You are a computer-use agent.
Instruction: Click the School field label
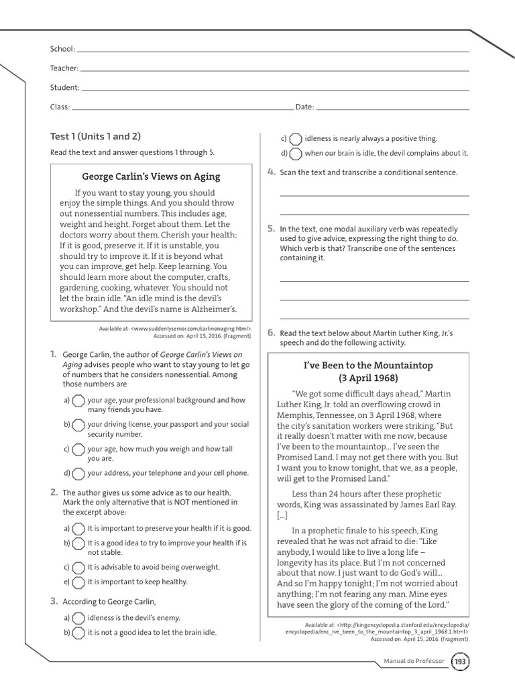[x=62, y=49]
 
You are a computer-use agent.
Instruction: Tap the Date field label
[x=304, y=107]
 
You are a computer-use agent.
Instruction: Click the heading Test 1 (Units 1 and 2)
[x=95, y=136]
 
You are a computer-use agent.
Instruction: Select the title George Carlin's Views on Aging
[x=151, y=177]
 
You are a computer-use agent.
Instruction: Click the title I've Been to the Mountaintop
[x=367, y=365]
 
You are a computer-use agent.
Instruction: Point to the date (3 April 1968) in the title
[x=367, y=378]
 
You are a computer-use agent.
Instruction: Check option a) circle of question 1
[x=78, y=401]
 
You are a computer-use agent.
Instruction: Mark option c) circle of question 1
[x=78, y=450]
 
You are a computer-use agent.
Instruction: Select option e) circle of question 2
[x=78, y=582]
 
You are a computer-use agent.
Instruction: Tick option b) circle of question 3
[x=78, y=633]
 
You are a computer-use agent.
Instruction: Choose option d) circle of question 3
[x=296, y=154]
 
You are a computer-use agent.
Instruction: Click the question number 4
[x=271, y=172]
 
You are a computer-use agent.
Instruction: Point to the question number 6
[x=271, y=332]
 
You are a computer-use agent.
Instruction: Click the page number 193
[x=460, y=662]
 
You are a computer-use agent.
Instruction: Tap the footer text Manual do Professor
[x=414, y=662]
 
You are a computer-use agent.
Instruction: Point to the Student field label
[x=64, y=87]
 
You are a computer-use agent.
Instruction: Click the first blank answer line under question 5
[x=374, y=280]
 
